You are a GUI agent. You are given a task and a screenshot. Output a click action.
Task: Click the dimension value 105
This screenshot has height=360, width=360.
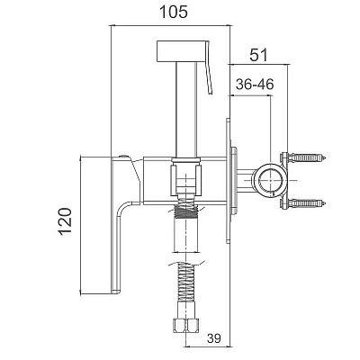(174, 13)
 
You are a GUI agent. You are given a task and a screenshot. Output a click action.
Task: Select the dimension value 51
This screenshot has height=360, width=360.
(258, 55)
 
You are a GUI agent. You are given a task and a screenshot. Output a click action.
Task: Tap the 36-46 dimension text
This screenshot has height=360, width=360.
(255, 85)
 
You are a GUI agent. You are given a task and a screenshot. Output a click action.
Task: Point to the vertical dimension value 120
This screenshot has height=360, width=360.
(66, 221)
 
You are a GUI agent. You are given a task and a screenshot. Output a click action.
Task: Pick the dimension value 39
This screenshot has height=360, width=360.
(214, 338)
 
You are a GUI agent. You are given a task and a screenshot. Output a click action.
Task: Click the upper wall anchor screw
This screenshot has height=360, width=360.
(303, 157)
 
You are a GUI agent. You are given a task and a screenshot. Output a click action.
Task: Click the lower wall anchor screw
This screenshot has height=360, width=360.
(303, 203)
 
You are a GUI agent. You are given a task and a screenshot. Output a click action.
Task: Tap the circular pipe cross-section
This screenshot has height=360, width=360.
(271, 181)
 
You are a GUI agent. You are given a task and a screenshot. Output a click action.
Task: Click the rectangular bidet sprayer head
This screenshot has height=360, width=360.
(182, 50)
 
